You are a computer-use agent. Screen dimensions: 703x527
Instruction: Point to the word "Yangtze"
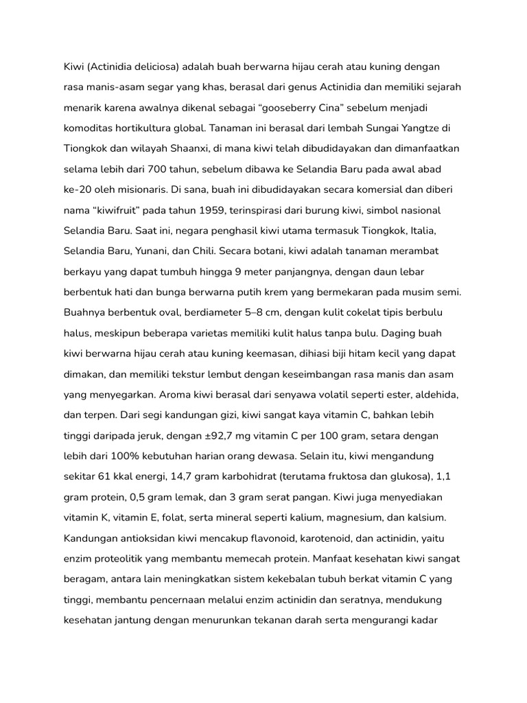tap(412, 128)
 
